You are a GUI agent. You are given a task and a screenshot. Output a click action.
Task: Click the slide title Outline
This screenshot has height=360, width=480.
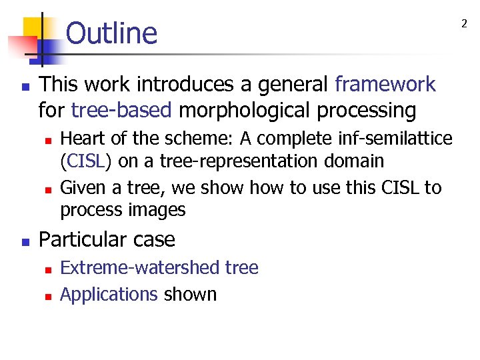(111, 33)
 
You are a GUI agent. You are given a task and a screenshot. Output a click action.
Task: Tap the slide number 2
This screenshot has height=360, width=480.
(465, 23)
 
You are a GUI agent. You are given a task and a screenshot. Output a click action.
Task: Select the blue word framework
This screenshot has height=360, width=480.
(385, 85)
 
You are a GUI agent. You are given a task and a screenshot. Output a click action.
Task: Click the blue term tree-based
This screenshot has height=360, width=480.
(121, 110)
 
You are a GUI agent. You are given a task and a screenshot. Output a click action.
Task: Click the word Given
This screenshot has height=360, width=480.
(81, 188)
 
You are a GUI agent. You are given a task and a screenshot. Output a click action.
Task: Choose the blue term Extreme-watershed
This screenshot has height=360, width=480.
(131, 268)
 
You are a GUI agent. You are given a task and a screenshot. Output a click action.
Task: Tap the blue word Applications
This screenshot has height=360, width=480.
(109, 294)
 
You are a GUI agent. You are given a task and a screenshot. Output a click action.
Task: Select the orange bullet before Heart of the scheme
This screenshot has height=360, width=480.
(47, 140)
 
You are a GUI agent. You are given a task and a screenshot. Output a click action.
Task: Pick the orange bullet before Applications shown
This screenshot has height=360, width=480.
(47, 295)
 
